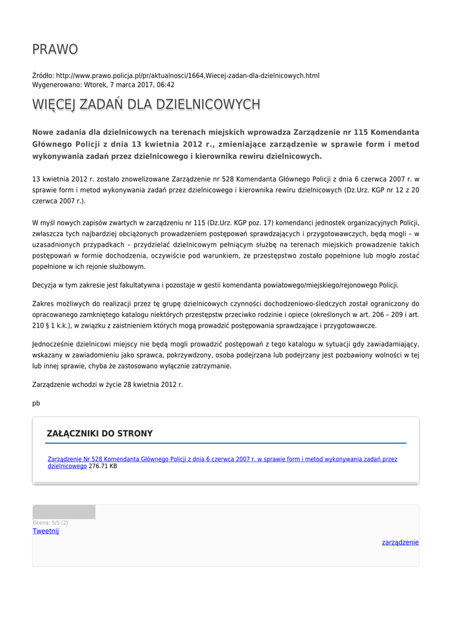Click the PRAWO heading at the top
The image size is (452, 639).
55,49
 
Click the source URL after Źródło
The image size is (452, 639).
187,76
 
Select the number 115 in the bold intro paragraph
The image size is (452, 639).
361,132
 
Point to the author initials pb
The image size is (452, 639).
36,403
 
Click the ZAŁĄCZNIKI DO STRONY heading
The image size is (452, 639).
100,434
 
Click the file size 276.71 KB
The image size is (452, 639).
103,466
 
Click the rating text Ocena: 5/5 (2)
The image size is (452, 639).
50,523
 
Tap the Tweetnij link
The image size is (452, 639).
46,531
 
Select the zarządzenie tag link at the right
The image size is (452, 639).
400,542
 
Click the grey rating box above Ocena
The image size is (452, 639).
64,512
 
